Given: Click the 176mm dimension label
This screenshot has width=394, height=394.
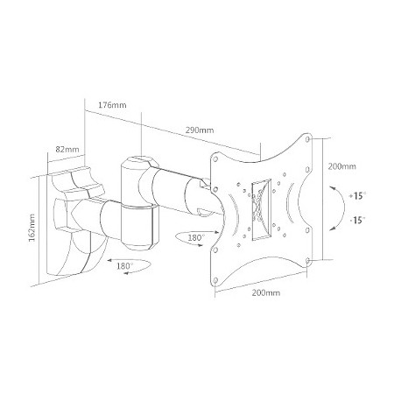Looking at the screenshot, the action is (112, 105).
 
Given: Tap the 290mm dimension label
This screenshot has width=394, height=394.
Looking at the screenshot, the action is (200, 130).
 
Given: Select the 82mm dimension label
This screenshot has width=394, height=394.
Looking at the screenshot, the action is (67, 150).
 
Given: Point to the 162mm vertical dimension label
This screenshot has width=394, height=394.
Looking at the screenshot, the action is (32, 228).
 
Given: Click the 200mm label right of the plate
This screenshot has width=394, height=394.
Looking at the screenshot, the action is (342, 166).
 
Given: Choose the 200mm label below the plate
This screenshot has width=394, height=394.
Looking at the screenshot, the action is (266, 292).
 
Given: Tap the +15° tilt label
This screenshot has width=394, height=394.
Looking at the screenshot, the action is (357, 195).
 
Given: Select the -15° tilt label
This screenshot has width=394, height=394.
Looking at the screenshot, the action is (357, 220).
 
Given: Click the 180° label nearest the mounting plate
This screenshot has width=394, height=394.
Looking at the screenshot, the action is (195, 238).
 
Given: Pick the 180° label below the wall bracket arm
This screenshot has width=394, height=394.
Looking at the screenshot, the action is (125, 266).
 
